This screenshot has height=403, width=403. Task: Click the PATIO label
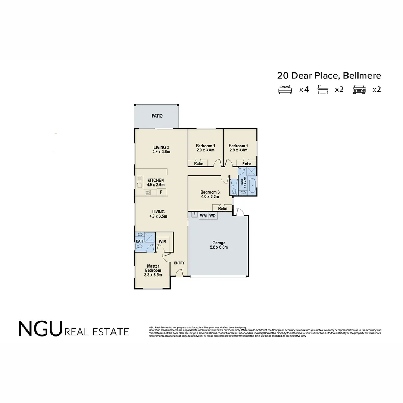157,116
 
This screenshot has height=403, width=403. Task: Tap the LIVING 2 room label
161,147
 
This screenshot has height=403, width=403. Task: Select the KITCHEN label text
156,181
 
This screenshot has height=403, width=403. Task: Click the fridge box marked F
162,192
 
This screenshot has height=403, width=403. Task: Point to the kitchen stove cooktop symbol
148,193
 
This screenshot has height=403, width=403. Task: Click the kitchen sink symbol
139,182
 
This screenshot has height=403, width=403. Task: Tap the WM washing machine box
203,216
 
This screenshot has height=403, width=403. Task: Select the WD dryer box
212,216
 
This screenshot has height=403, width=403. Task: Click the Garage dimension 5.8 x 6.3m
219,247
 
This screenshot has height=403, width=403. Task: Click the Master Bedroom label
153,268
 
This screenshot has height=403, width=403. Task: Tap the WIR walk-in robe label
162,242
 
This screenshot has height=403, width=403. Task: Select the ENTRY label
179,263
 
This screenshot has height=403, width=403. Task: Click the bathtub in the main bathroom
253,185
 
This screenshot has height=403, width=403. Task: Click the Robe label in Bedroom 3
222,209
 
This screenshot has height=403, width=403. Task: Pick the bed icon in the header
285,90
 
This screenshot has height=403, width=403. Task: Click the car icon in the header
359,90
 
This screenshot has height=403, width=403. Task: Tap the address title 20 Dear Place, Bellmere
329,76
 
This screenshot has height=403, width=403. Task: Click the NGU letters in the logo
40,329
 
